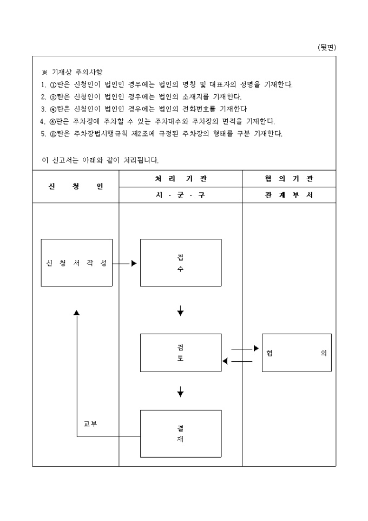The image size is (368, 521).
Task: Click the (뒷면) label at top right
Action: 326,48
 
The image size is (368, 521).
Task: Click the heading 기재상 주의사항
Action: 75,72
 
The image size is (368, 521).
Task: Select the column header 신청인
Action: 76,186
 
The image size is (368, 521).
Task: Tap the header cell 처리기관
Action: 180,178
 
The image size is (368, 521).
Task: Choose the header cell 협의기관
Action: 289,178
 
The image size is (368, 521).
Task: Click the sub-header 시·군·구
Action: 180,195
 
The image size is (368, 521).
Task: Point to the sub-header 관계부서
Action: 289,195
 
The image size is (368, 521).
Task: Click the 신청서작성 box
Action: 77,263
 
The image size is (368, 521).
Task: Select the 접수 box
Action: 180,263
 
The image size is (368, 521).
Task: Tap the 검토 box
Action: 180,353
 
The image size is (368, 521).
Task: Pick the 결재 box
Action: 180,433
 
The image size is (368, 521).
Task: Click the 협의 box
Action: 296,353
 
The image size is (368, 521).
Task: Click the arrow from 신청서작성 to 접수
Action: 126,263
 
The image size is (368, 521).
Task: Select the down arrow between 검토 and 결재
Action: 180,392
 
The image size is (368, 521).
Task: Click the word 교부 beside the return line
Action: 90,424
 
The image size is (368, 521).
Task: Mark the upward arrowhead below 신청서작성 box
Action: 77,313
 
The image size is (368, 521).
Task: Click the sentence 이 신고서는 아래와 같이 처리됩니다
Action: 100,160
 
